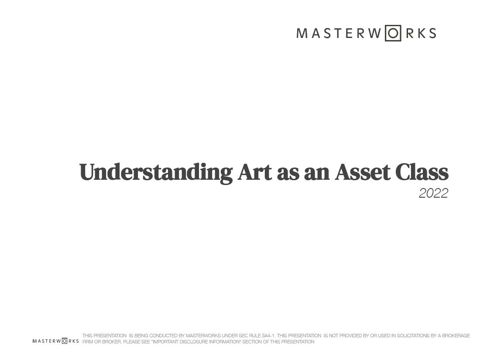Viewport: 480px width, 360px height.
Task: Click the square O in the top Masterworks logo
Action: tap(393, 33)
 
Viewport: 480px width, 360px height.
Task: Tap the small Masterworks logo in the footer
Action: tap(55, 341)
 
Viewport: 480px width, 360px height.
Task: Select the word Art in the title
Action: tap(255, 172)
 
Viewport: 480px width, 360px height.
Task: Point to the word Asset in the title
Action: tap(363, 172)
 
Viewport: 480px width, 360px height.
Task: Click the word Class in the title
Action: tap(422, 172)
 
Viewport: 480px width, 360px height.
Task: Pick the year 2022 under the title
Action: tap(433, 193)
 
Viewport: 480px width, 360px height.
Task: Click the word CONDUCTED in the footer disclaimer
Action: tap(163, 336)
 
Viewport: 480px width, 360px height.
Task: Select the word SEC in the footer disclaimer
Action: tap(243, 336)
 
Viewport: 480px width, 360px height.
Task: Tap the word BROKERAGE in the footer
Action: tap(456, 336)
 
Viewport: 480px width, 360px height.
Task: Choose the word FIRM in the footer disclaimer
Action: tap(88, 342)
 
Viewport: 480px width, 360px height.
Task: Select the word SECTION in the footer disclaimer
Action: tap(252, 342)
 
